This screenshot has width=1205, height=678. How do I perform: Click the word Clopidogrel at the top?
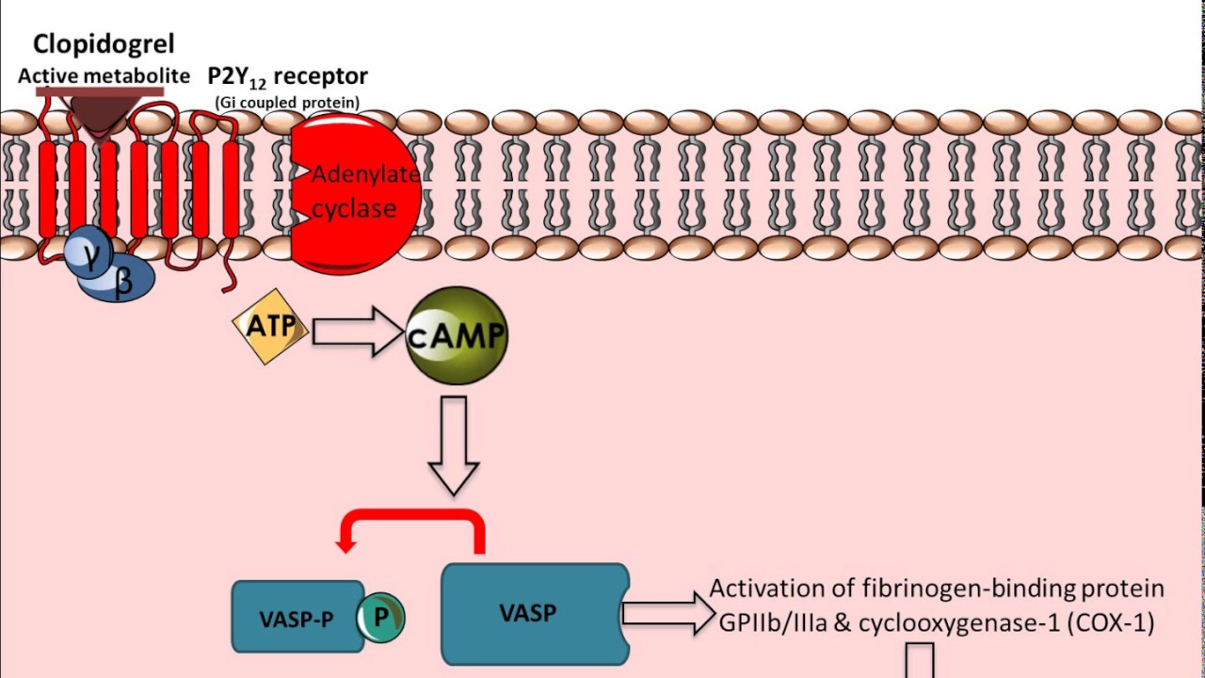tap(104, 43)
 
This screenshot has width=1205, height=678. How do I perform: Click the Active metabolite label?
tap(104, 75)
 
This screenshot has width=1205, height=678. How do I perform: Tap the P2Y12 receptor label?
tap(287, 76)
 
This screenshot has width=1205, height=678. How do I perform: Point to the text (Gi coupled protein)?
tap(287, 102)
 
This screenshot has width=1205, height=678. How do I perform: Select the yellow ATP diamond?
tap(270, 328)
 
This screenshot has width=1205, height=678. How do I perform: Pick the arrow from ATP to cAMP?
tap(357, 331)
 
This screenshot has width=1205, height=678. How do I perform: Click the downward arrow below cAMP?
tap(454, 444)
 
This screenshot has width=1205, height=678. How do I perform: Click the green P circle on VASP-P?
tap(381, 617)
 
